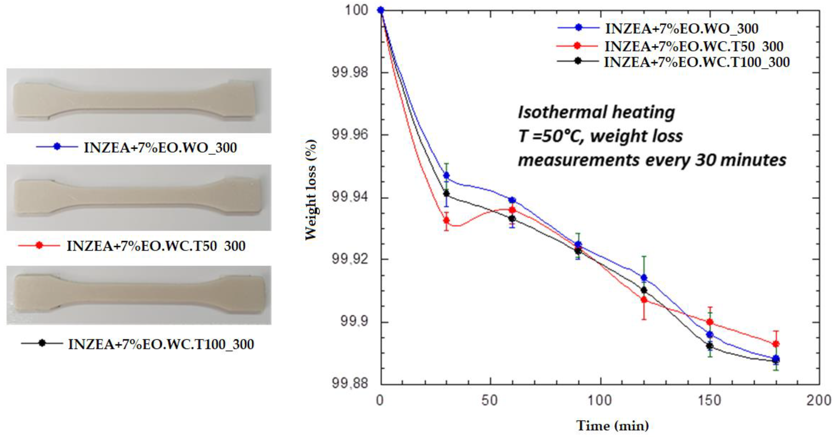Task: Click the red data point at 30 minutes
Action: click(446, 220)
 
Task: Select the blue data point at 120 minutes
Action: click(644, 278)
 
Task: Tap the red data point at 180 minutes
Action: click(776, 344)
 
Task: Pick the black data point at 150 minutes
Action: click(710, 346)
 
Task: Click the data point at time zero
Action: click(381, 10)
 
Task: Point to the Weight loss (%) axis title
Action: click(311, 190)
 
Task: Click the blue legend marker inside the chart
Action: click(578, 28)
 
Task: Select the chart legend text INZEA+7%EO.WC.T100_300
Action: click(697, 62)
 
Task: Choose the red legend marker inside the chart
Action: click(577, 46)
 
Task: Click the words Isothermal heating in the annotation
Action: click(596, 112)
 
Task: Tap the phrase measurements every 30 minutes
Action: click(652, 160)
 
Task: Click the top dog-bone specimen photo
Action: click(139, 101)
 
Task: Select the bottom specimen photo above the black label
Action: click(139, 295)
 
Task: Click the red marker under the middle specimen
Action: click(39, 246)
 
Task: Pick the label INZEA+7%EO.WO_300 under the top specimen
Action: click(160, 148)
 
